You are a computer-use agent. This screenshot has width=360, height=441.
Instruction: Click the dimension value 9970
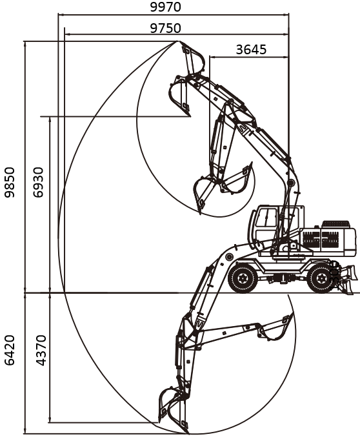point(165,7)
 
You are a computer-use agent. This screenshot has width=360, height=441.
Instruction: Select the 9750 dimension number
point(165,28)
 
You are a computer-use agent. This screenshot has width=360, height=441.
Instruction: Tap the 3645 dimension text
point(251,50)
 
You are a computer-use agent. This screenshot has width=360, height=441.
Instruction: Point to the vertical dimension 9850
point(10,182)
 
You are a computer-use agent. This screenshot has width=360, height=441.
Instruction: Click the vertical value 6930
point(38,182)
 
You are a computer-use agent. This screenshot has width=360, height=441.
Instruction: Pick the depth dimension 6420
point(10,350)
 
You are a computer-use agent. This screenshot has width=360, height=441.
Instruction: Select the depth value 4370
point(41,350)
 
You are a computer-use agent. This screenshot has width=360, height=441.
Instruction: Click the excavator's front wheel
point(243,278)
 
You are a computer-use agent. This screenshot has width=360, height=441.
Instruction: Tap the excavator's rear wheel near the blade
point(321,278)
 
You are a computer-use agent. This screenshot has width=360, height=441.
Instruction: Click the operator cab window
point(267,218)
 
